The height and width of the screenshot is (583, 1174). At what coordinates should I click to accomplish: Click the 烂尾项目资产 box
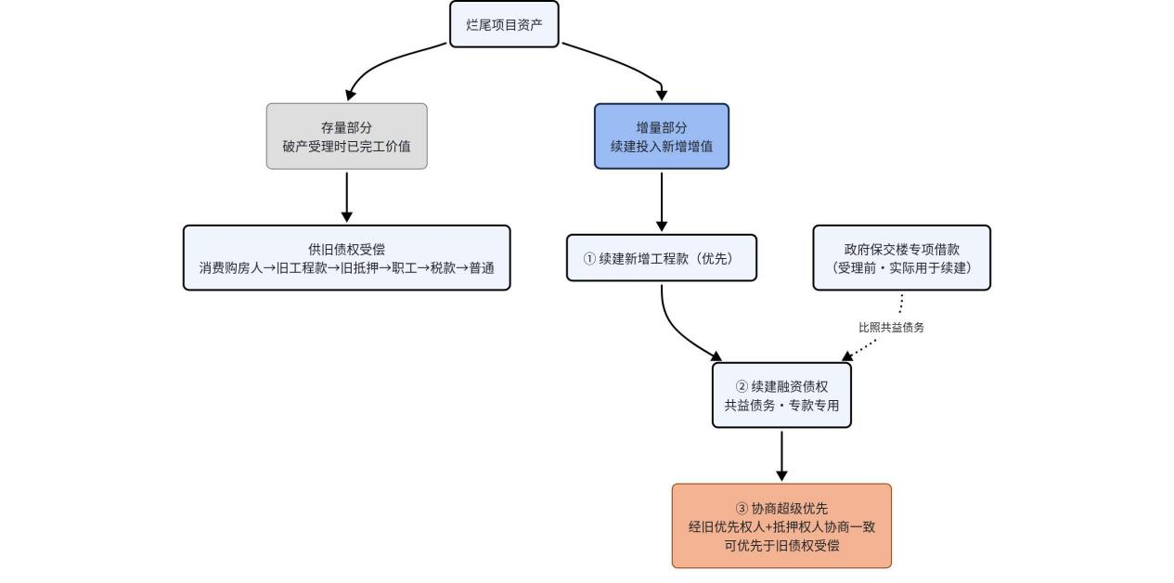tap(504, 24)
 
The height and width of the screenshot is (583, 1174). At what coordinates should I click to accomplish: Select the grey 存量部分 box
tap(346, 136)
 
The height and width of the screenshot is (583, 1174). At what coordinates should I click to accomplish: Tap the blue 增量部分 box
tap(662, 136)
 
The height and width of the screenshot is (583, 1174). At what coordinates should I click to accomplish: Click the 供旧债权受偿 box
tap(346, 258)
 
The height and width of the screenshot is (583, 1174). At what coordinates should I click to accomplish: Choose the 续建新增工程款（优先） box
tap(662, 258)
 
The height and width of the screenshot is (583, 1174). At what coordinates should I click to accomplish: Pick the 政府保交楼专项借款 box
tap(901, 258)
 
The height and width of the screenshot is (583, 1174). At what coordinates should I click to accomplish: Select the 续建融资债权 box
tap(781, 395)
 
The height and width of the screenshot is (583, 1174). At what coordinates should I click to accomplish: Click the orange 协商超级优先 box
tap(781, 525)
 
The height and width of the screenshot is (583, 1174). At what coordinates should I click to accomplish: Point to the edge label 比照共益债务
tap(891, 328)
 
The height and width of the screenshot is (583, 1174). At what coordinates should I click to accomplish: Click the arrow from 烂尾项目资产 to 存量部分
tap(381, 62)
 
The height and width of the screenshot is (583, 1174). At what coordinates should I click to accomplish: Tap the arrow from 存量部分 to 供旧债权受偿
tap(346, 197)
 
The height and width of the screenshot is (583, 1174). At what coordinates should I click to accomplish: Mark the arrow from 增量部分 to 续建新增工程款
tap(662, 201)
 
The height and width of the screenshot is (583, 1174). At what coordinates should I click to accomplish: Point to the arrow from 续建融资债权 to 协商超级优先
tap(781, 456)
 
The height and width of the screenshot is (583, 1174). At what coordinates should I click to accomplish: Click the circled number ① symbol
tap(589, 258)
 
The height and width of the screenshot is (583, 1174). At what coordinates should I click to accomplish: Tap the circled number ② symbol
tap(742, 386)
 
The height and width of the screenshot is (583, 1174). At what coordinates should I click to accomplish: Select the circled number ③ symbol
tap(742, 508)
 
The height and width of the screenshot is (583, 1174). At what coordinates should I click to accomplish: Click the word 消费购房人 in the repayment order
tap(230, 268)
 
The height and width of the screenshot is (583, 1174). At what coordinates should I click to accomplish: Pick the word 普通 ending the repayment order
tap(482, 268)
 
